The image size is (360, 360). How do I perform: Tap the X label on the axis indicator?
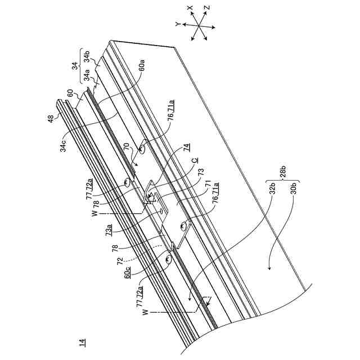(x=191, y=8)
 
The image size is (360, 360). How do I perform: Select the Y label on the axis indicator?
(x=177, y=24)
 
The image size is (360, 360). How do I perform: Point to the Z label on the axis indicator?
(x=207, y=10)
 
